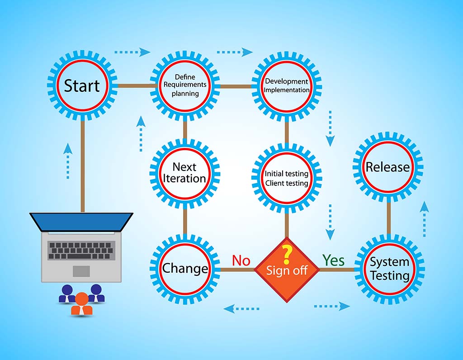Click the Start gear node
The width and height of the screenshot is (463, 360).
[x=82, y=85]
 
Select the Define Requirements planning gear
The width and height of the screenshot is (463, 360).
[x=185, y=85]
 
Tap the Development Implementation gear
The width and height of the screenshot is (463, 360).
[x=287, y=85]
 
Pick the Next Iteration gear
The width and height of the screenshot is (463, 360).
[x=185, y=173]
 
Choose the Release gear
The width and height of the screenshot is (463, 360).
[x=388, y=167]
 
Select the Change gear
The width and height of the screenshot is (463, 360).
[x=185, y=269]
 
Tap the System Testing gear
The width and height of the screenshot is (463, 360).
[x=389, y=269]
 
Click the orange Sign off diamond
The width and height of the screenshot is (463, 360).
[x=287, y=270]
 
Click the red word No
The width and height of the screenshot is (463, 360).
[x=241, y=261]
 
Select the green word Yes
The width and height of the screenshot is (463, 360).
[x=333, y=261]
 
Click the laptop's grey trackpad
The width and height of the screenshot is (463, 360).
[x=81, y=271]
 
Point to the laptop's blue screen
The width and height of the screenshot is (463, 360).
[x=81, y=221]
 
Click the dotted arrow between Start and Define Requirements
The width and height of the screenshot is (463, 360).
[x=132, y=52]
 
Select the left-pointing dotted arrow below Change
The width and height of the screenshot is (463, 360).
[x=241, y=309]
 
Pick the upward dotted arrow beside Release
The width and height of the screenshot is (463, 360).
[x=424, y=219]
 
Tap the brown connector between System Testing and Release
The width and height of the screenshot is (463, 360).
[x=388, y=218]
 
